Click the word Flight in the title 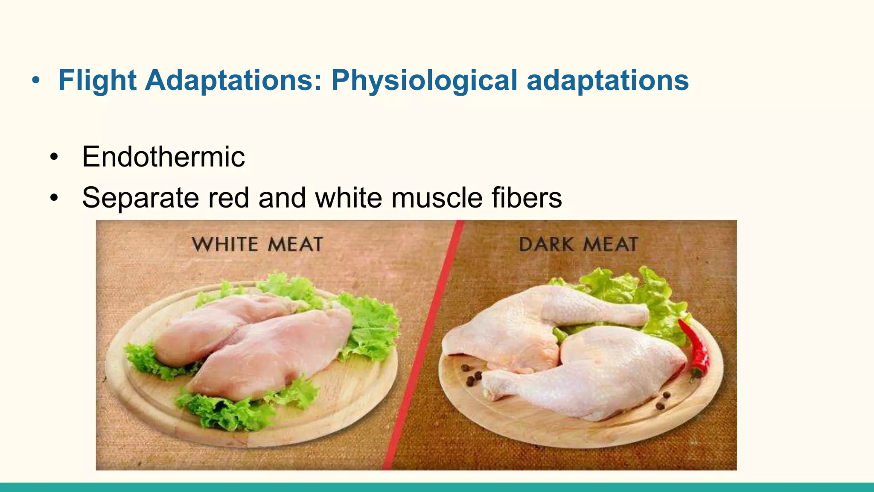click(x=97, y=80)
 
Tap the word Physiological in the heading click(x=424, y=80)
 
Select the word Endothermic click(x=163, y=157)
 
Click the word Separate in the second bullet click(x=140, y=198)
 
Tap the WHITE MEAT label click(x=257, y=244)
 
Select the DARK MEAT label click(x=578, y=244)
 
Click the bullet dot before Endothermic click(x=53, y=157)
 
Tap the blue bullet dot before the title click(x=36, y=80)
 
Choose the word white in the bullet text click(x=348, y=198)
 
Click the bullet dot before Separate click(x=53, y=198)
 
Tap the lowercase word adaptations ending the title click(x=608, y=80)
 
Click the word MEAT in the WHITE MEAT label click(x=295, y=244)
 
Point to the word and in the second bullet click(x=282, y=198)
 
